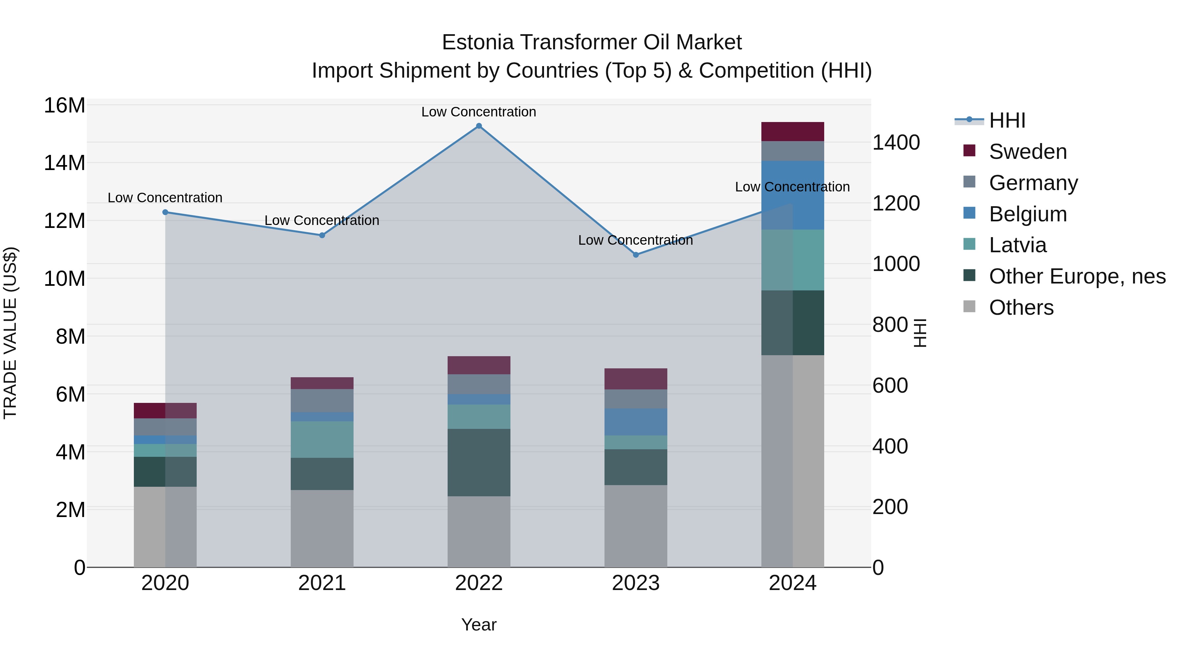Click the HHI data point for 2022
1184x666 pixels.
(x=479, y=126)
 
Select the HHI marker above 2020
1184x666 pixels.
(x=165, y=212)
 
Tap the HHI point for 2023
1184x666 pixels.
(x=636, y=255)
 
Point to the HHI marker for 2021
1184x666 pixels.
(x=322, y=235)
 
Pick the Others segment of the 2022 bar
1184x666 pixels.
(x=479, y=531)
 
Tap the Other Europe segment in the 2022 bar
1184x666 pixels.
(x=479, y=462)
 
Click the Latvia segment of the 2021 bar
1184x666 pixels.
(x=322, y=439)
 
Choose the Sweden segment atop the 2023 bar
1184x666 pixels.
(x=636, y=379)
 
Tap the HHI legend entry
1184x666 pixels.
(x=1007, y=120)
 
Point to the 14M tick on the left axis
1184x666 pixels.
(x=64, y=163)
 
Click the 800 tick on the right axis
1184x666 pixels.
(x=890, y=325)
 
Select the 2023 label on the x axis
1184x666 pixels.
(x=636, y=583)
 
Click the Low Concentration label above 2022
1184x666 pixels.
(x=479, y=112)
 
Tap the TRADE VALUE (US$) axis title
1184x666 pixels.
(x=10, y=333)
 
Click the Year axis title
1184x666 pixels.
(x=479, y=625)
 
